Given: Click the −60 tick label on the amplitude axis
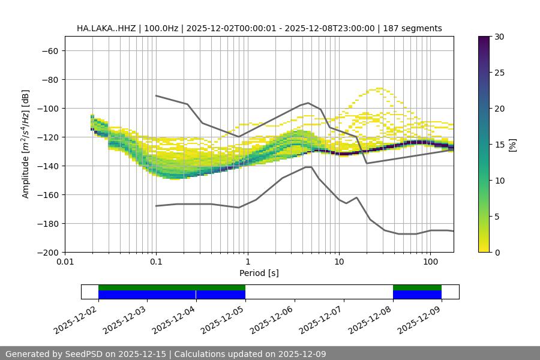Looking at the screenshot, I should point(49,51).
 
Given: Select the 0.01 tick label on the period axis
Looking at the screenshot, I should point(65,262).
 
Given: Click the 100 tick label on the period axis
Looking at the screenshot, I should point(430,262).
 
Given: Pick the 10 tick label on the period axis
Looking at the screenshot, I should point(339,262).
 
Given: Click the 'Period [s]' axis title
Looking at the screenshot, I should point(259,273).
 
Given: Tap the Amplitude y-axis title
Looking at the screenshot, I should point(26,144).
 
